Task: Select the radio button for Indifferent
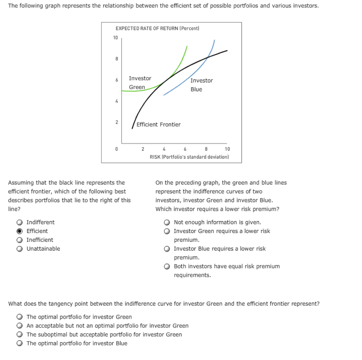click(x=20, y=222)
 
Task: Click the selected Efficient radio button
click(x=20, y=231)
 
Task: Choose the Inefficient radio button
click(x=20, y=240)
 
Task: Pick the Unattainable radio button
click(x=20, y=249)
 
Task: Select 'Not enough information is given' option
click(x=168, y=222)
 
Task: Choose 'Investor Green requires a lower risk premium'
click(x=168, y=231)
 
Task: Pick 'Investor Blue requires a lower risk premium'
click(x=168, y=249)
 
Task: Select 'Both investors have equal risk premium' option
click(x=168, y=267)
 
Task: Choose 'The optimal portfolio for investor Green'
click(x=20, y=317)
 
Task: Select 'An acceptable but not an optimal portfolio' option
click(x=20, y=326)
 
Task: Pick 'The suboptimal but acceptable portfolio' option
click(x=20, y=335)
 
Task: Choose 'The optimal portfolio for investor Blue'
click(x=20, y=343)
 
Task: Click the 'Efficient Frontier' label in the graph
click(x=158, y=125)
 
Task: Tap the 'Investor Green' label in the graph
click(x=140, y=82)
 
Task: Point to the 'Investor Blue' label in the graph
click(x=202, y=85)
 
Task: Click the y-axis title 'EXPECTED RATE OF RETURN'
click(x=157, y=28)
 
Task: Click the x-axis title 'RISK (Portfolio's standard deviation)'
click(x=189, y=157)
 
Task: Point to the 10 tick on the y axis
click(x=116, y=38)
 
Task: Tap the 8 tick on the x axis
click(x=206, y=149)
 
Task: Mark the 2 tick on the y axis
click(x=116, y=122)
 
